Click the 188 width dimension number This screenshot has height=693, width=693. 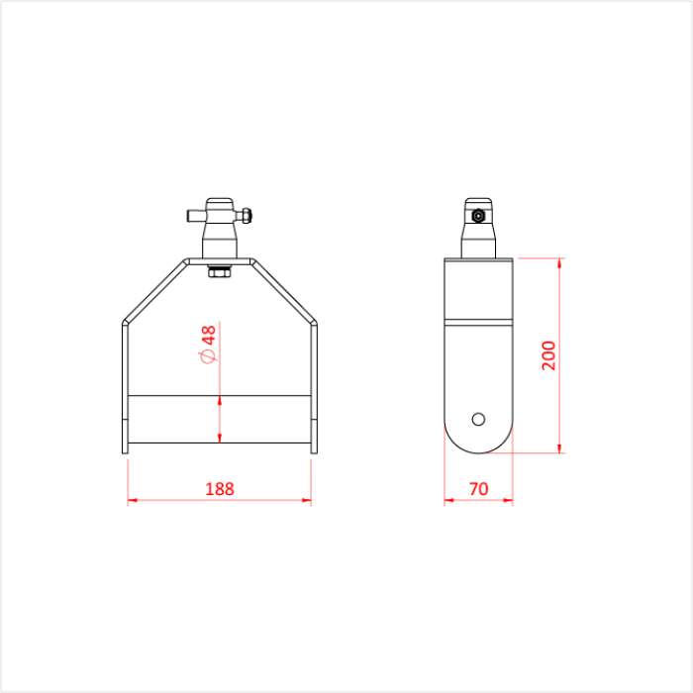click(219, 488)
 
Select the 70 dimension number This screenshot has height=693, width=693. click(478, 488)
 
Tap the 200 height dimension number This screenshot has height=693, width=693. click(549, 354)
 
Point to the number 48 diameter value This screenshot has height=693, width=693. click(209, 335)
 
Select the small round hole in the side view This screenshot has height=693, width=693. click(479, 418)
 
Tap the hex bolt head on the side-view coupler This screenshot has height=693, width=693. click(478, 216)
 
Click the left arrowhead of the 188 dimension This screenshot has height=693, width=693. click(132, 501)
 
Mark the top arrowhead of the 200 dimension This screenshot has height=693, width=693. click(562, 263)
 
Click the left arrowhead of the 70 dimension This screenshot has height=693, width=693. click(448, 501)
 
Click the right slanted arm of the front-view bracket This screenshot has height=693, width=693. click(285, 291)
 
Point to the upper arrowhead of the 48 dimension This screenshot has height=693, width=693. click(220, 401)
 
